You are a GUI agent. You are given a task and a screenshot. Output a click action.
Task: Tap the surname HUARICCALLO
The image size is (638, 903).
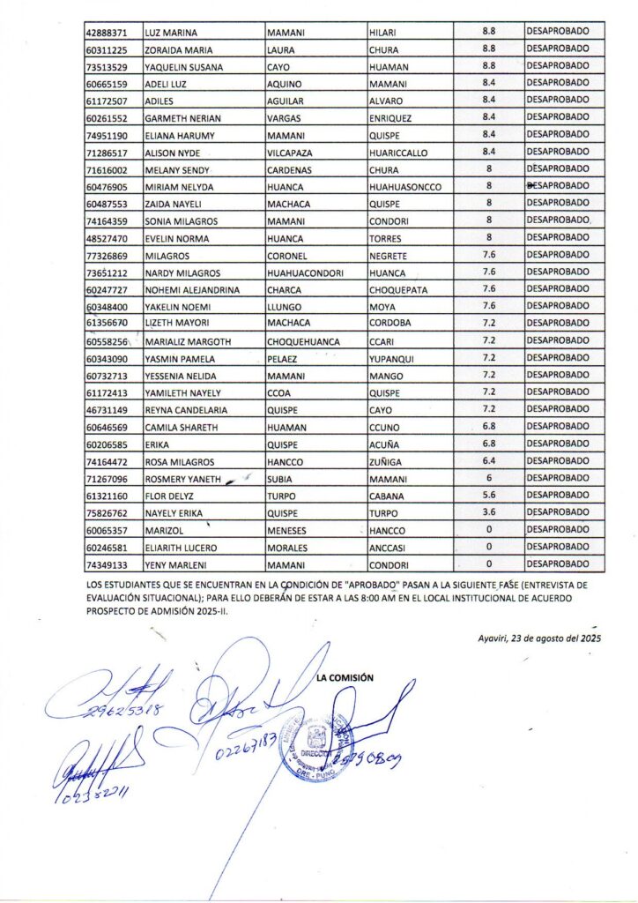click(x=399, y=153)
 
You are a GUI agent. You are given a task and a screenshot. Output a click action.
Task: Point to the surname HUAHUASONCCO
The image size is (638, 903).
click(x=405, y=187)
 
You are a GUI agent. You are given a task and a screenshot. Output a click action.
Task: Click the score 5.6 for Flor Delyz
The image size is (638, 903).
click(x=488, y=496)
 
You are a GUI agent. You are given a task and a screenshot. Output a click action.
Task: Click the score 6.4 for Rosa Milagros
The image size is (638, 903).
click(x=488, y=461)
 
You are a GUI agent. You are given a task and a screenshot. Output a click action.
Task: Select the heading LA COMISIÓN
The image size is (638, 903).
click(x=345, y=677)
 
